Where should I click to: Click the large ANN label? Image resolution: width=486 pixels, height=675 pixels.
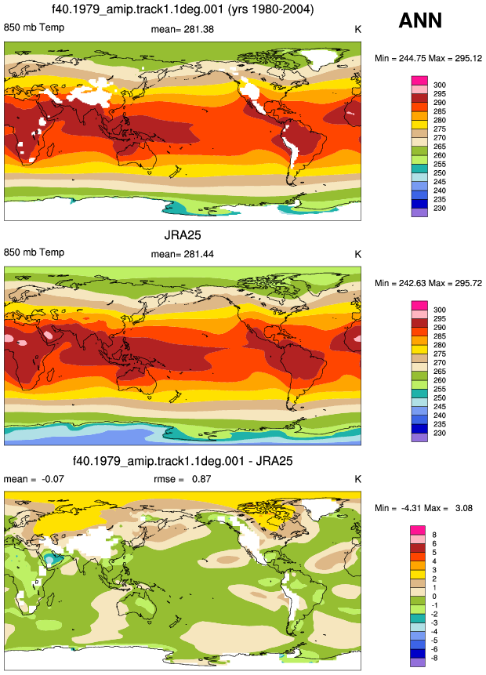pos(420,20)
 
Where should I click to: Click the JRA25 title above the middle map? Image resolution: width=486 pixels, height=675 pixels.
pos(183,235)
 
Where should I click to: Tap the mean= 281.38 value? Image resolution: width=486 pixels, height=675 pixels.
pos(182,29)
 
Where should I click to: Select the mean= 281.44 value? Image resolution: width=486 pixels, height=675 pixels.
pos(182,255)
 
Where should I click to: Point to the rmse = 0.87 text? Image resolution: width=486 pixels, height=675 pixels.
pos(182,479)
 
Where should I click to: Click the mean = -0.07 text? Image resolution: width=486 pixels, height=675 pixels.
pos(34,479)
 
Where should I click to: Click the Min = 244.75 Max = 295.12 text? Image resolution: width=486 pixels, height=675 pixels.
pos(428,59)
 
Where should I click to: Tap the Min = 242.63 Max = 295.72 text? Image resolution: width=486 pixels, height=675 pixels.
pos(428,283)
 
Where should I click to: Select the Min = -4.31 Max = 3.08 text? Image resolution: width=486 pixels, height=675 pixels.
pos(423,508)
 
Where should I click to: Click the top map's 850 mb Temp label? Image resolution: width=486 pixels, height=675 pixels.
pos(34,27)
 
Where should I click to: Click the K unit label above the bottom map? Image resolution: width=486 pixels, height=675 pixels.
pos(357,479)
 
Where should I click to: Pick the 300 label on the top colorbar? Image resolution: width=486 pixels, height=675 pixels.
pos(440,85)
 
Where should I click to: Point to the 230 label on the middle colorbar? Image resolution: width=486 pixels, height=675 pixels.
pos(440,433)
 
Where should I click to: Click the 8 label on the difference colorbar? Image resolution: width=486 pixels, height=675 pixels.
pos(434,535)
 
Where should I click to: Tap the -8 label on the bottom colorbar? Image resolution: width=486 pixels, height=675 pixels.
pos(434,659)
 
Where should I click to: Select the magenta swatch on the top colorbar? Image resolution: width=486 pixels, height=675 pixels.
pos(419,81)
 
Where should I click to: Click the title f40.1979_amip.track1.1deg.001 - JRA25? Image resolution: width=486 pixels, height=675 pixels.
pos(183,461)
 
